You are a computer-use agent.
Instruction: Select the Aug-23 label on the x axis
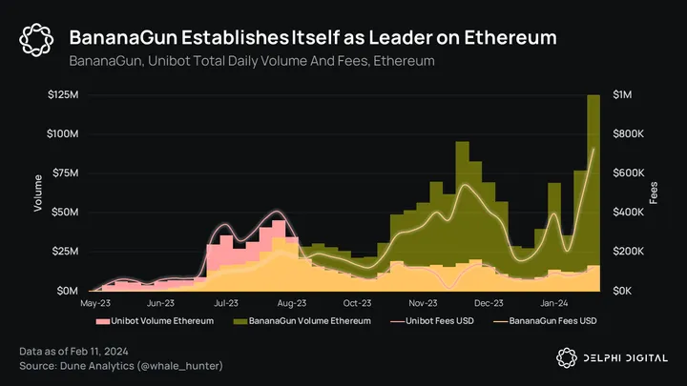(x=291, y=303)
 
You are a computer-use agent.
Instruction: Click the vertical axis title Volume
(x=38, y=193)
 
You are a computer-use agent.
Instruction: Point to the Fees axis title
(x=654, y=193)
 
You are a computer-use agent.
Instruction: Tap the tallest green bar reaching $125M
(x=593, y=191)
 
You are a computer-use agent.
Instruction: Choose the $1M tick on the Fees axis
(x=622, y=95)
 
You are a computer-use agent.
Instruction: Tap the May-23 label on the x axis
(x=95, y=303)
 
